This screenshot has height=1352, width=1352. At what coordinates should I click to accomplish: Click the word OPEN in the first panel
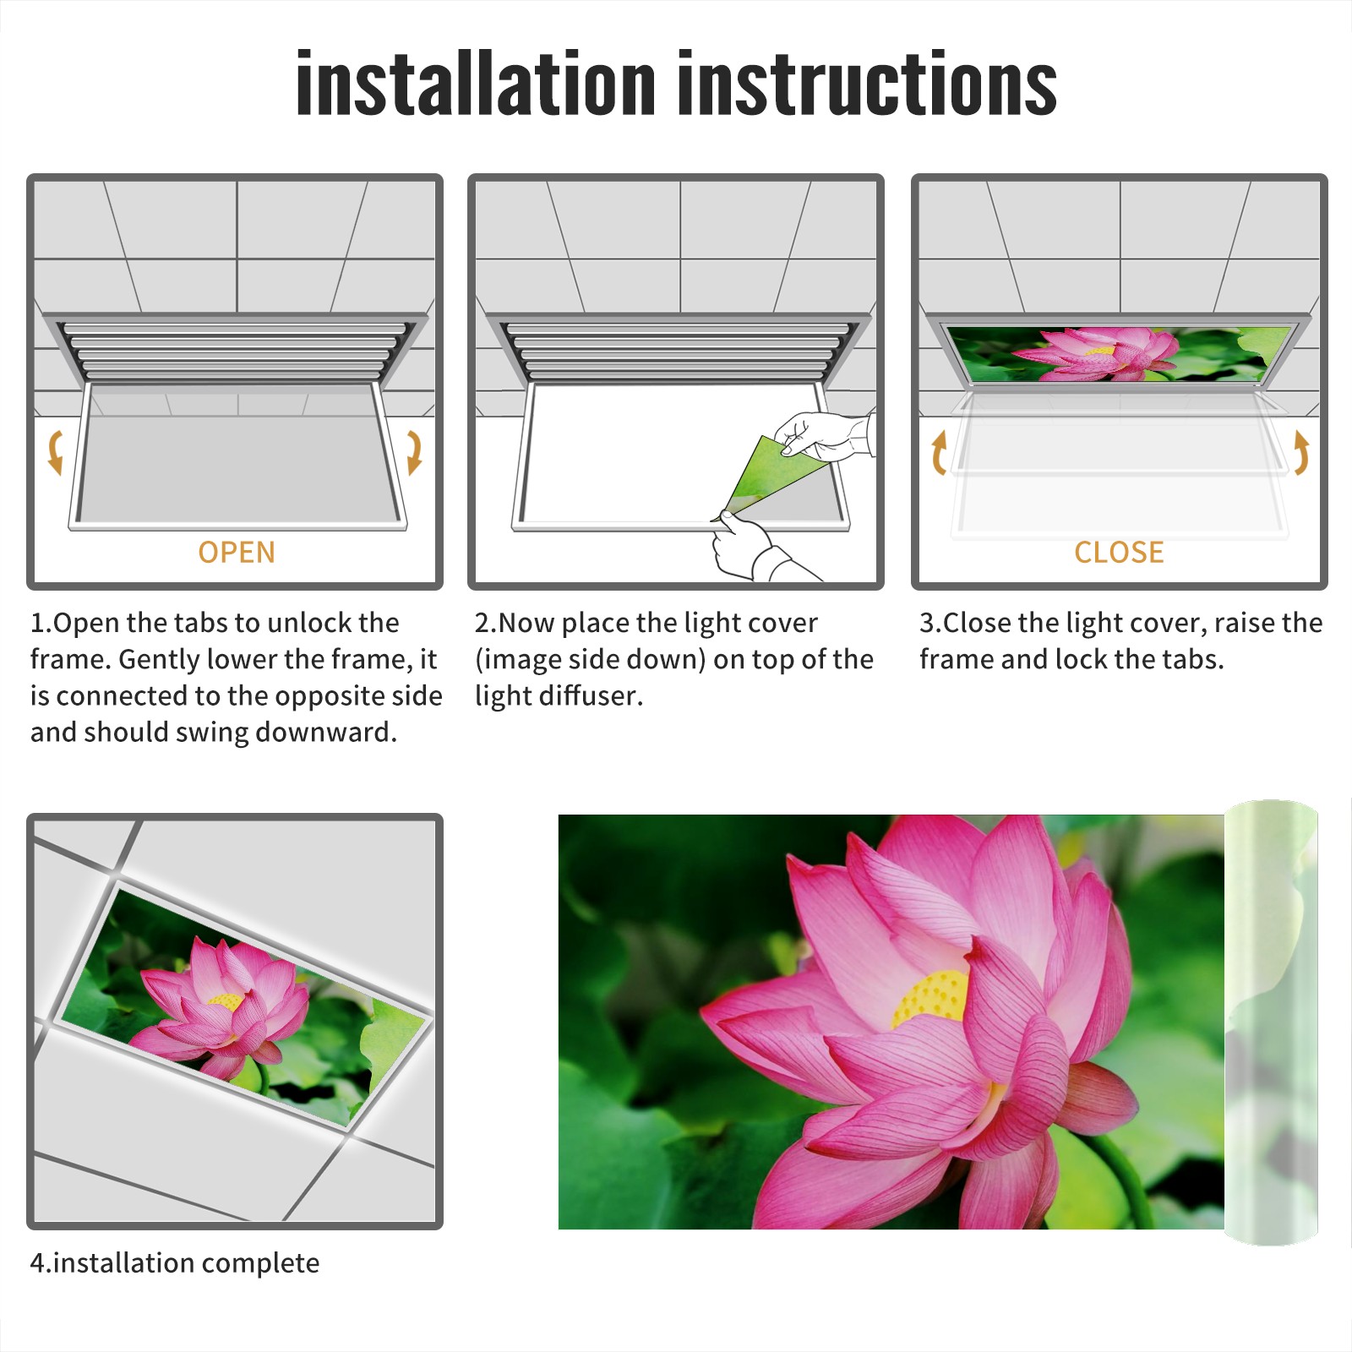237,553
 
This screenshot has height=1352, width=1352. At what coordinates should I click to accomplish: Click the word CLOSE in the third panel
1119,553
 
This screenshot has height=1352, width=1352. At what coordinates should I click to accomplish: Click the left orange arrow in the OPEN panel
55,452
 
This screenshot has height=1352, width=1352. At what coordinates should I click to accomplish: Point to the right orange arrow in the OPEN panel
414,452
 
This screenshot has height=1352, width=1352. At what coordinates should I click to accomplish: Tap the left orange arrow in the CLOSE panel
939,452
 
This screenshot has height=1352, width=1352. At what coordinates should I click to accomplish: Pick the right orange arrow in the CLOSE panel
1301,452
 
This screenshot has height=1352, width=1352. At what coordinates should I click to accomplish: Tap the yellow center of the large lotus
929,997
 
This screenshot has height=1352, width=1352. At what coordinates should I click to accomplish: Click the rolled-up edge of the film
1271,1022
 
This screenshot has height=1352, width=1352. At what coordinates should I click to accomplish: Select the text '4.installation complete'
175,1263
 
